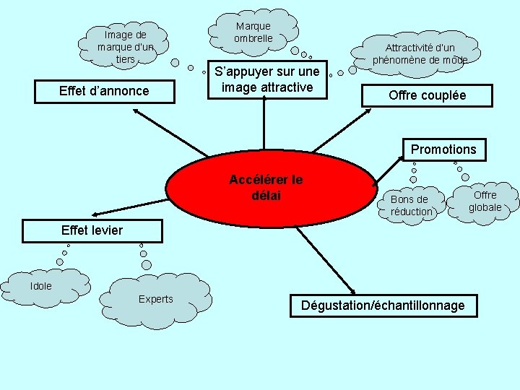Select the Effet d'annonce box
104,91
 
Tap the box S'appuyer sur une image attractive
266,80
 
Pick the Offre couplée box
428,95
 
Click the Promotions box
443,149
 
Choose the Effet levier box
92,230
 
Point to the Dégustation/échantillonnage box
382,305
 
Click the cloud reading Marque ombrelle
253,32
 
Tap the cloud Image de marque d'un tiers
126,47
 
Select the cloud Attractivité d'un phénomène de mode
420,53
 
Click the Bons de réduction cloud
410,205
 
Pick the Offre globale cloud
485,201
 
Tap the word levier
106,230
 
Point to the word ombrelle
253,38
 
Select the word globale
485,207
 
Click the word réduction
411,212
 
